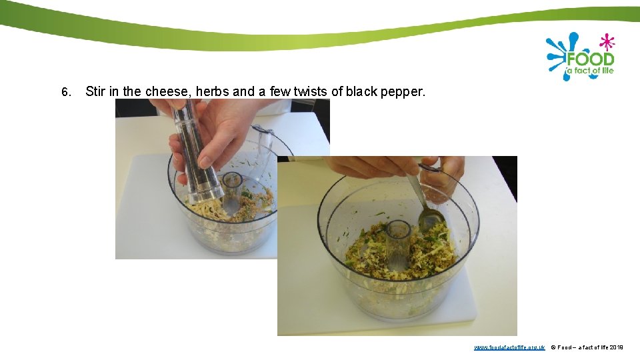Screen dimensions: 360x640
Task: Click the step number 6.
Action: coord(65,92)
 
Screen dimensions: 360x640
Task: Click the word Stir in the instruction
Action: coord(95,91)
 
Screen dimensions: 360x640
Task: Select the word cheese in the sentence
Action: coord(167,91)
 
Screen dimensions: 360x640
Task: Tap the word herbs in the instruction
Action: coord(212,91)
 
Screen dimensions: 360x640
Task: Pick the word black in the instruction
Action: coord(361,91)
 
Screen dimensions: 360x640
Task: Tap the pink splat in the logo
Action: coord(606,42)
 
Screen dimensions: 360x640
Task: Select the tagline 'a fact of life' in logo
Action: coord(590,71)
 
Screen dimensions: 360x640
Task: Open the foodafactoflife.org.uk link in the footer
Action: coord(509,347)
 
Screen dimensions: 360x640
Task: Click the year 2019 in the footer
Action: coord(616,347)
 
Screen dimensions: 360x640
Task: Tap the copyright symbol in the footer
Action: coord(553,347)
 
